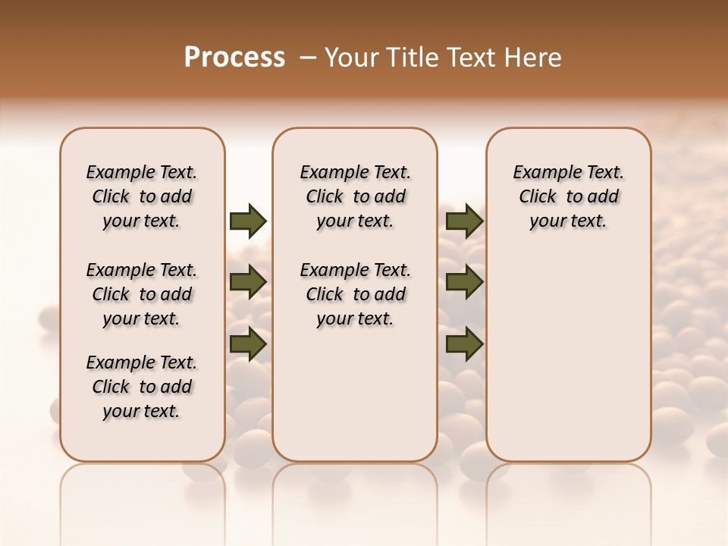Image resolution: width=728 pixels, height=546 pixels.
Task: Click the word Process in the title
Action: (234, 58)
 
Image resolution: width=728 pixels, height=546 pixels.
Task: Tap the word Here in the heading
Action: (535, 58)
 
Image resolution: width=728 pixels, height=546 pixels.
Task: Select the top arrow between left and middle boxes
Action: (248, 221)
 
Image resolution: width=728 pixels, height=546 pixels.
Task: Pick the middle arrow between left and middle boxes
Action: (248, 282)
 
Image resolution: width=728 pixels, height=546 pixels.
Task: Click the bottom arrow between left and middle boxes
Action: (248, 344)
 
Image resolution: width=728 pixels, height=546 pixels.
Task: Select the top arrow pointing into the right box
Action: (464, 221)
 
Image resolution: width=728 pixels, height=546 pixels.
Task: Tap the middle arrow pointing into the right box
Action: (464, 282)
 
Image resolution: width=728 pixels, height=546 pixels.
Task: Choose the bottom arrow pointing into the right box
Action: (464, 344)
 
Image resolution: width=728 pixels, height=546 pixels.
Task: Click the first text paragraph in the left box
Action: (142, 196)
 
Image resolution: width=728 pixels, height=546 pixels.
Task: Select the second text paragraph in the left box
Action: (142, 294)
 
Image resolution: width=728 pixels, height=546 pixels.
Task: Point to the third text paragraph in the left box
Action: (142, 387)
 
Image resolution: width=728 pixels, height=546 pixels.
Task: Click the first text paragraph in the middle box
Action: (355, 196)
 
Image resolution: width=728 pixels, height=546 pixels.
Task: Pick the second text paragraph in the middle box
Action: (355, 294)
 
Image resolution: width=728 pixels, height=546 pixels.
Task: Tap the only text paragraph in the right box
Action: (569, 196)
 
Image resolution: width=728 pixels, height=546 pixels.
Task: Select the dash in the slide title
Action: (308, 58)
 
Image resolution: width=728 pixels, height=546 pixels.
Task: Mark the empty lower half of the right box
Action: (569, 364)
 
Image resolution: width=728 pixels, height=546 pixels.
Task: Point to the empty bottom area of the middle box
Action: (355, 402)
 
